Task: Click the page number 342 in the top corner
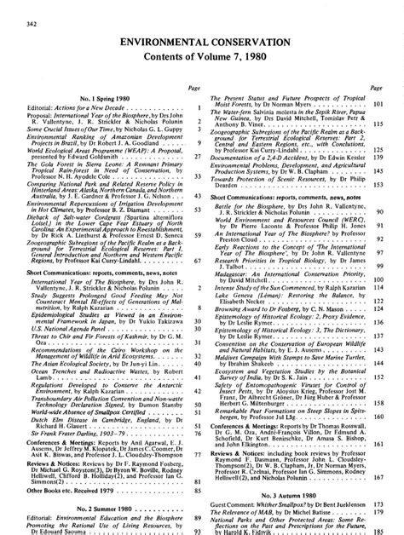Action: (9, 7)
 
